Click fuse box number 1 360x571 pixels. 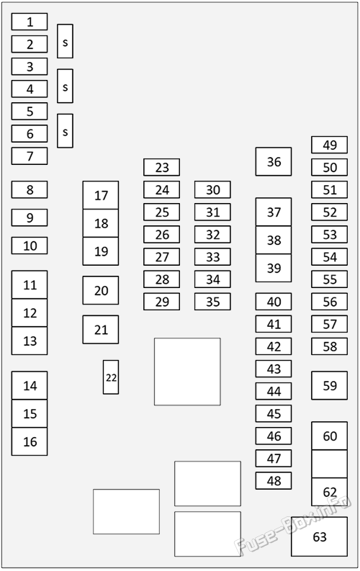click(30, 22)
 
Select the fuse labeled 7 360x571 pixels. click(30, 156)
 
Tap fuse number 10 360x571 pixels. click(30, 246)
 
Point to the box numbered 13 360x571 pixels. click(30, 341)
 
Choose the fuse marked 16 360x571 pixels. click(30, 441)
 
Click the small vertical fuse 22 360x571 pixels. click(111, 377)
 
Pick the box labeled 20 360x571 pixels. click(101, 290)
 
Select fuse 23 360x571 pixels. click(161, 167)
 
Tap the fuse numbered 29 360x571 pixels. click(161, 302)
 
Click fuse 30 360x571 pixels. click(212, 189)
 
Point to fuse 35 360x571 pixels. click(212, 302)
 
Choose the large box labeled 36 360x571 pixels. click(274, 162)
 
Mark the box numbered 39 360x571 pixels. click(274, 268)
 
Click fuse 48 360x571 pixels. click(274, 481)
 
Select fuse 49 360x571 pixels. click(330, 145)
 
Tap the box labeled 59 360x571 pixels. click(330, 386)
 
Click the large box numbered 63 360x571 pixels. click(319, 536)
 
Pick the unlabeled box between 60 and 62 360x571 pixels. click(330, 464)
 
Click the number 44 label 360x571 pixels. click(274, 392)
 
